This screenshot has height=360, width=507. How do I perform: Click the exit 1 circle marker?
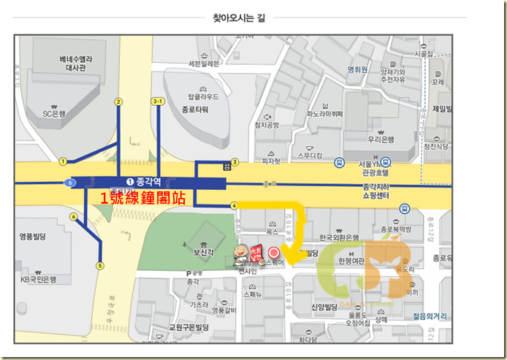(64, 161)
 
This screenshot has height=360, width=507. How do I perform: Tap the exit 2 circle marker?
(118, 102)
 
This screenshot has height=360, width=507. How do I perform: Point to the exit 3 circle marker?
(235, 161)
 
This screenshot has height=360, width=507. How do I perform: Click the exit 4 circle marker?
(233, 206)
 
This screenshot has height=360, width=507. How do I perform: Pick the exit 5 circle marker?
(100, 266)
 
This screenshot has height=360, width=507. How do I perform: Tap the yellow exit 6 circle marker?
(74, 217)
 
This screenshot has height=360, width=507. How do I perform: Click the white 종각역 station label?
(150, 182)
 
